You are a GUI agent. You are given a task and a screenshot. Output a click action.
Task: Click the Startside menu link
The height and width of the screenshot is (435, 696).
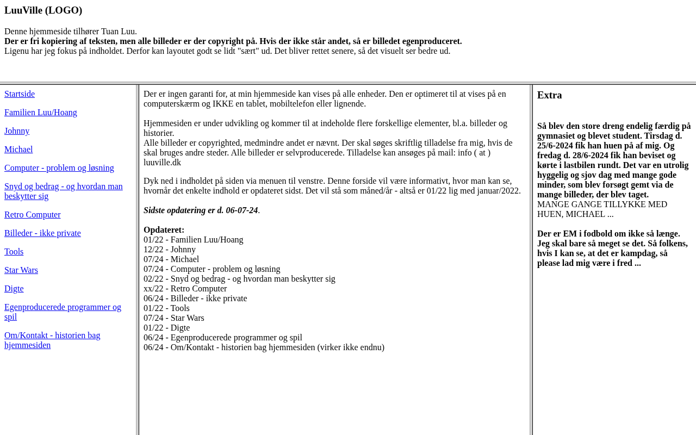click(x=20, y=94)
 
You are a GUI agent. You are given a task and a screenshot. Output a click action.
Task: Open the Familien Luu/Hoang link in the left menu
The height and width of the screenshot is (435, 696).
click(x=41, y=113)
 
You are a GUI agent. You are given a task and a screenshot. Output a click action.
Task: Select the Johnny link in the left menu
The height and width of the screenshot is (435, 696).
click(x=17, y=131)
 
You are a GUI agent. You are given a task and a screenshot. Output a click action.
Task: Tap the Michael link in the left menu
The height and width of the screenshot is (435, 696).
click(x=18, y=150)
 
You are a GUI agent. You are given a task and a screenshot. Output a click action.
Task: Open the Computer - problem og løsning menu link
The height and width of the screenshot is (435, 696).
click(x=59, y=168)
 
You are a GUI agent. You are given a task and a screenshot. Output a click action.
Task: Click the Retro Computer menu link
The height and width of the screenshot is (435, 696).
click(x=33, y=215)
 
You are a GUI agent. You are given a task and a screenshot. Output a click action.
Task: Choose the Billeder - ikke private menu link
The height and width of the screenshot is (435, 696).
click(x=42, y=233)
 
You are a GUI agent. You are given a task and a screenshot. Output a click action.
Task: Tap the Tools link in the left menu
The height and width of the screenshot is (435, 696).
click(x=14, y=252)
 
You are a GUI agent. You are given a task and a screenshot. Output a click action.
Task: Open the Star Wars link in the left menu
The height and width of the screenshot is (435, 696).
click(x=21, y=270)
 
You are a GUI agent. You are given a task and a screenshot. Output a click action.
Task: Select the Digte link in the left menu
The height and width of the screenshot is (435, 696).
click(x=14, y=289)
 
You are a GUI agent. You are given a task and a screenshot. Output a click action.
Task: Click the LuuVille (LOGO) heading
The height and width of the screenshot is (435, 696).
click(x=43, y=10)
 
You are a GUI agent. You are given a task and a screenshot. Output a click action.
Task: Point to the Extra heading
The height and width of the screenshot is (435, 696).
click(x=550, y=95)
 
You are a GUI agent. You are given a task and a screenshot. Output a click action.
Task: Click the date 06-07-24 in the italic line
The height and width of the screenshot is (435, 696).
click(x=241, y=210)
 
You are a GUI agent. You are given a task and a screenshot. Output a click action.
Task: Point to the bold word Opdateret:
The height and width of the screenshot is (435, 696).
click(x=164, y=230)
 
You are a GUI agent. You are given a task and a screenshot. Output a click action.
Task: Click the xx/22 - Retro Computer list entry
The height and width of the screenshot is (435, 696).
click(x=185, y=289)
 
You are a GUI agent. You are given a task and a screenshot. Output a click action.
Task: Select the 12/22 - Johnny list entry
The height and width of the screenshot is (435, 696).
click(x=170, y=250)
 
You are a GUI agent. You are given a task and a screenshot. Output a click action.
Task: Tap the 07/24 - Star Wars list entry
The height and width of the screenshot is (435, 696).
click(x=174, y=318)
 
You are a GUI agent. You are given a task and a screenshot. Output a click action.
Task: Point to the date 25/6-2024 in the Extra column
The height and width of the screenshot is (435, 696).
click(x=555, y=146)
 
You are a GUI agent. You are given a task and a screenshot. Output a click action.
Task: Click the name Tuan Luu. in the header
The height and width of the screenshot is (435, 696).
click(x=119, y=32)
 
